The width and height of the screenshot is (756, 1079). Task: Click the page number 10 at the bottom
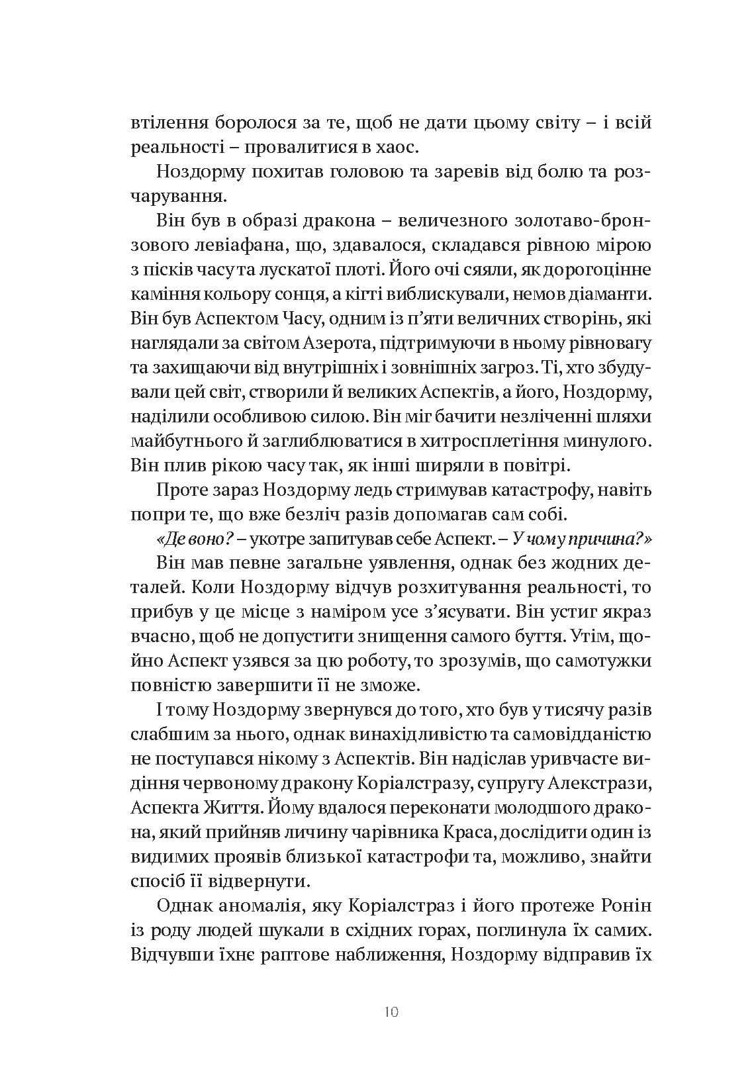click(391, 1011)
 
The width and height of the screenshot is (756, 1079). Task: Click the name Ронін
click(621, 906)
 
